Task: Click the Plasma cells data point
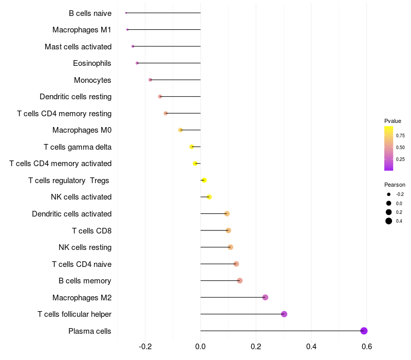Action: click(x=364, y=331)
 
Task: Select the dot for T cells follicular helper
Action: click(x=284, y=314)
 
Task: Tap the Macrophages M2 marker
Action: click(x=265, y=297)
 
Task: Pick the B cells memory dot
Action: click(x=239, y=281)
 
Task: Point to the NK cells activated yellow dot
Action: click(x=209, y=197)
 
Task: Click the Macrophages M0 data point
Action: click(x=180, y=130)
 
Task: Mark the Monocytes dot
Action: click(x=150, y=80)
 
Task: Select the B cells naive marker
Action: click(x=126, y=13)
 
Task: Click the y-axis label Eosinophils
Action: click(x=92, y=63)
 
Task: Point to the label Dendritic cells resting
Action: click(x=76, y=97)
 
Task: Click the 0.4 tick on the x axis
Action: click(x=311, y=347)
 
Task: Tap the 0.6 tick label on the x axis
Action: click(x=366, y=347)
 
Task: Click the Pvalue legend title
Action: click(x=393, y=121)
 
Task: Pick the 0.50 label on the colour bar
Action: click(x=400, y=148)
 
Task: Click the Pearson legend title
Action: click(x=395, y=185)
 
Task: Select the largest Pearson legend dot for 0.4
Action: click(x=389, y=221)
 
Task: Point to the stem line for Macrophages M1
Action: click(x=164, y=30)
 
